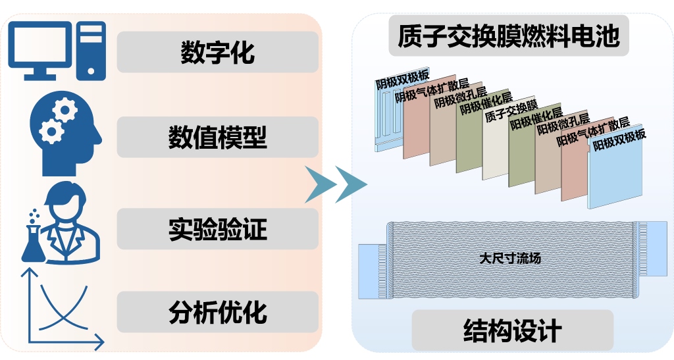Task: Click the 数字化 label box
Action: [x=217, y=52]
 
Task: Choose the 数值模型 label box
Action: [x=217, y=138]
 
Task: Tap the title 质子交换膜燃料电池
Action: [x=509, y=37]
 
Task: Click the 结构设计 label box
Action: [x=512, y=330]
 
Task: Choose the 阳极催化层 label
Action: [x=536, y=118]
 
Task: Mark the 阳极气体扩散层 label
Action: [x=593, y=131]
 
